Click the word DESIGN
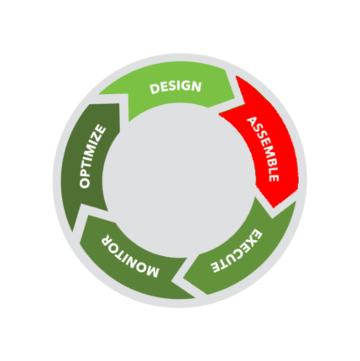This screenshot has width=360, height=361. tap(175, 87)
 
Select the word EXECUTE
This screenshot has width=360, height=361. tap(237, 251)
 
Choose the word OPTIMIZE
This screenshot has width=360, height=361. tap(92, 157)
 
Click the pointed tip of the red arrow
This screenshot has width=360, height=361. tap(274, 207)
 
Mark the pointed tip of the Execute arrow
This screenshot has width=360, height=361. tap(184, 279)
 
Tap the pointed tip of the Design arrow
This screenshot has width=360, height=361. tap(235, 98)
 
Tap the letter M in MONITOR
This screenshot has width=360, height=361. tap(152, 271)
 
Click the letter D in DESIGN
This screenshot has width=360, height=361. tap(154, 89)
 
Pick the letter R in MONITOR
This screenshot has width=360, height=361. tap(106, 238)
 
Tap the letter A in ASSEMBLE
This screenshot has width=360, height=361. tap(252, 122)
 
